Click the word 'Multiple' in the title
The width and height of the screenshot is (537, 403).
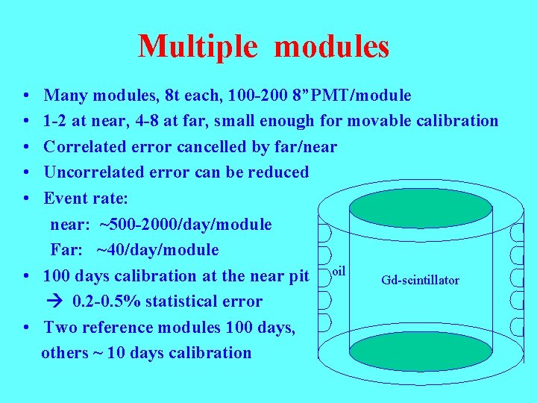pyautogui.click(x=198, y=46)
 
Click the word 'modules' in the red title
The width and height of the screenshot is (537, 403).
pyautogui.click(x=332, y=46)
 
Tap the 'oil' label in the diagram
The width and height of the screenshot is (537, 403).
pyautogui.click(x=339, y=268)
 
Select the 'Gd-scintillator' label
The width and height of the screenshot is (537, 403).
pyautogui.click(x=420, y=281)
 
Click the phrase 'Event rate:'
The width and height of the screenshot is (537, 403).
pyautogui.click(x=86, y=199)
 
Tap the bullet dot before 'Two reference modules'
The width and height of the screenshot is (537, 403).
pyautogui.click(x=26, y=328)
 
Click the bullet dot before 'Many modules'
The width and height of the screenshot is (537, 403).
pyautogui.click(x=26, y=96)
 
